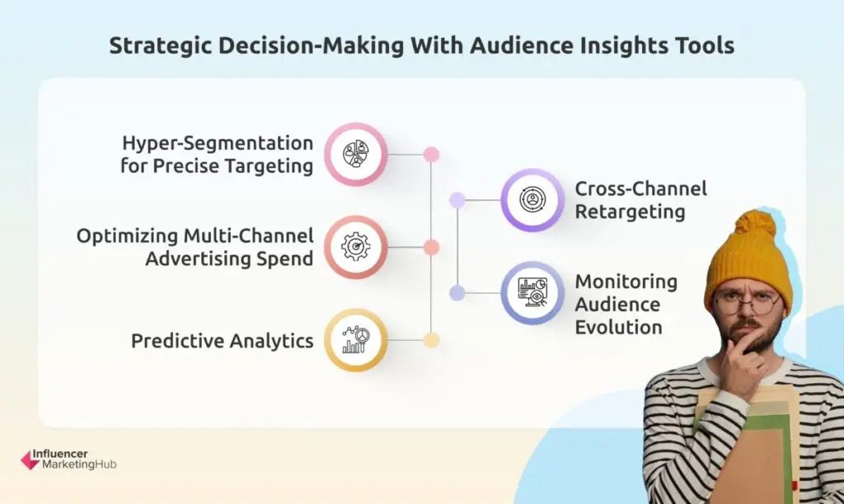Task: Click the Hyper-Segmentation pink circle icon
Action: (356, 154)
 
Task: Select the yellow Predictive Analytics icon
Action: (356, 340)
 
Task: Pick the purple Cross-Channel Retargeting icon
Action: (532, 199)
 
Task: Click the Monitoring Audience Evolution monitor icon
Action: (532, 292)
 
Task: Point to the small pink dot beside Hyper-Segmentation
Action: (431, 154)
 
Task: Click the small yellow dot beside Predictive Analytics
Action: (431, 340)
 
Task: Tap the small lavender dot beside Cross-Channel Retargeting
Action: (457, 199)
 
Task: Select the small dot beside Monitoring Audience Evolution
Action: (457, 292)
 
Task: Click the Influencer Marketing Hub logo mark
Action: (30, 460)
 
